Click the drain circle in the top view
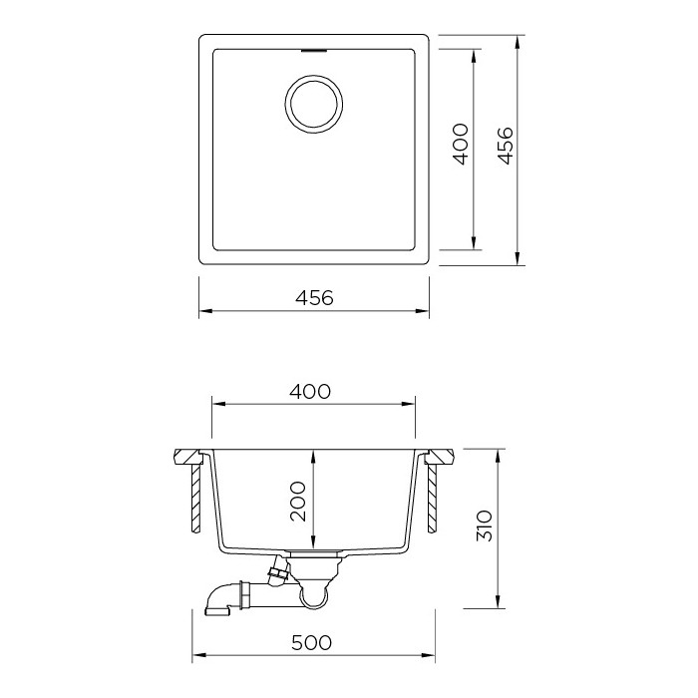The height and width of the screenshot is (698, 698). coord(314,76)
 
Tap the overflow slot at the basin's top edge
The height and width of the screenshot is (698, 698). coord(314,50)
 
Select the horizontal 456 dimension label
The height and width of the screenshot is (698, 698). coord(314,298)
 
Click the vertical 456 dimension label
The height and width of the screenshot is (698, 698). coord(505,146)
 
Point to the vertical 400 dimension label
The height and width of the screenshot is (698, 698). coord(460,144)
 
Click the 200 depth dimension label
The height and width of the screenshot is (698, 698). coord(298,502)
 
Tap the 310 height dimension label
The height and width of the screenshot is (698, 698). coord(485,525)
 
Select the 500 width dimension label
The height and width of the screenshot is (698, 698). coord(311,643)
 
